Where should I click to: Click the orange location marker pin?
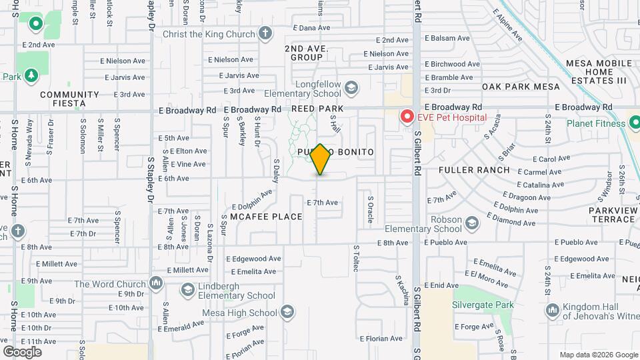click(x=321, y=159)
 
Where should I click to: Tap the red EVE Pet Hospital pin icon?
click(x=407, y=117)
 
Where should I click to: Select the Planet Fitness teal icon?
click(x=634, y=123)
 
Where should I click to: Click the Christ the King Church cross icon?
click(x=265, y=33)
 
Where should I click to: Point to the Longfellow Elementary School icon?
click(x=351, y=87)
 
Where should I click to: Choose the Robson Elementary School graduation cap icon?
click(x=472, y=222)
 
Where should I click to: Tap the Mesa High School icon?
click(x=287, y=312)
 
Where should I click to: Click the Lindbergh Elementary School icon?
click(x=188, y=289)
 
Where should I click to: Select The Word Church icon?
click(x=155, y=283)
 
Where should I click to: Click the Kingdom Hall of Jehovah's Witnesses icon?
click(x=552, y=310)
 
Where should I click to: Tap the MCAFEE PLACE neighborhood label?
click(x=266, y=217)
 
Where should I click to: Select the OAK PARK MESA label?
click(x=521, y=87)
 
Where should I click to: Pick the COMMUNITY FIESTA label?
click(x=69, y=99)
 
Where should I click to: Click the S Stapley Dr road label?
click(x=151, y=180)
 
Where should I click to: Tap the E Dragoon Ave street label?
click(x=529, y=197)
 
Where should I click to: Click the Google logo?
click(x=22, y=351)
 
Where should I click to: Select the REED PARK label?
click(x=317, y=109)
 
